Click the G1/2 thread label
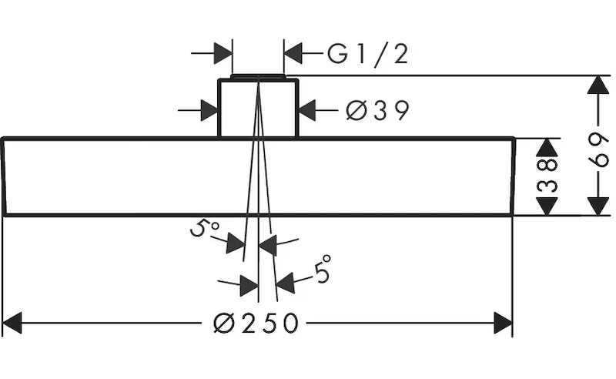(x=367, y=54)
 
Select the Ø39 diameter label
(x=377, y=111)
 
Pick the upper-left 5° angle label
(x=205, y=229)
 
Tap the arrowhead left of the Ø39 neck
(x=209, y=110)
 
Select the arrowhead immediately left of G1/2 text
(x=293, y=53)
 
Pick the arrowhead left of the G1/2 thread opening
(x=223, y=53)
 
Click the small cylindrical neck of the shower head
(x=258, y=108)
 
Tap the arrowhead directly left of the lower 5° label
(x=285, y=283)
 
